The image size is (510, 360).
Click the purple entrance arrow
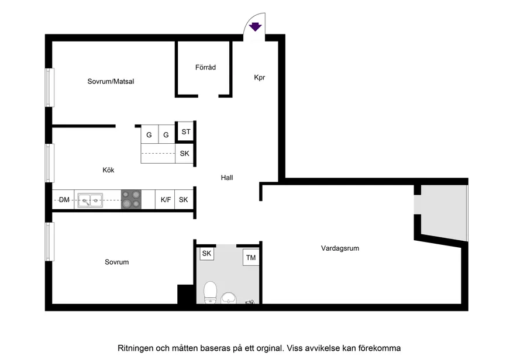255,26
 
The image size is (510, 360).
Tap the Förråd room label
205,68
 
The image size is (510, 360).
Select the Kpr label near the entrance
260,77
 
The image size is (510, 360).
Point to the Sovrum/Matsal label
111,81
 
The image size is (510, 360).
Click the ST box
185,132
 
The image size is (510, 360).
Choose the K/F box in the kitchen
166,200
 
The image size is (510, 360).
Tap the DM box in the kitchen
64,200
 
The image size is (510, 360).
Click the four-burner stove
131,200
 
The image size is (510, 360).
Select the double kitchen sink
90,200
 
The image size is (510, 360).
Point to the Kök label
108,170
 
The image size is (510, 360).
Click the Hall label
227,177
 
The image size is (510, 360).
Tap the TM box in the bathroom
251,258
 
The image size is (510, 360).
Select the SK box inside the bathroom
206,254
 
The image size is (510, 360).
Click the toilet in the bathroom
210,292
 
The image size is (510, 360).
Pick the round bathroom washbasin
229,297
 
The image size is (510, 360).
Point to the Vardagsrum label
340,248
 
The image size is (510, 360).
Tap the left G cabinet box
149,135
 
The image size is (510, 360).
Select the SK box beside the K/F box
184,200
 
